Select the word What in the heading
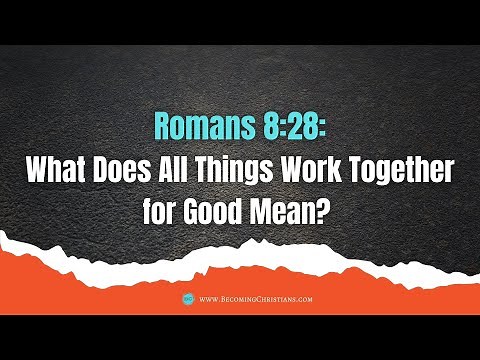tap(60, 171)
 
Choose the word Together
tap(410, 171)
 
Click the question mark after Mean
tap(327, 214)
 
